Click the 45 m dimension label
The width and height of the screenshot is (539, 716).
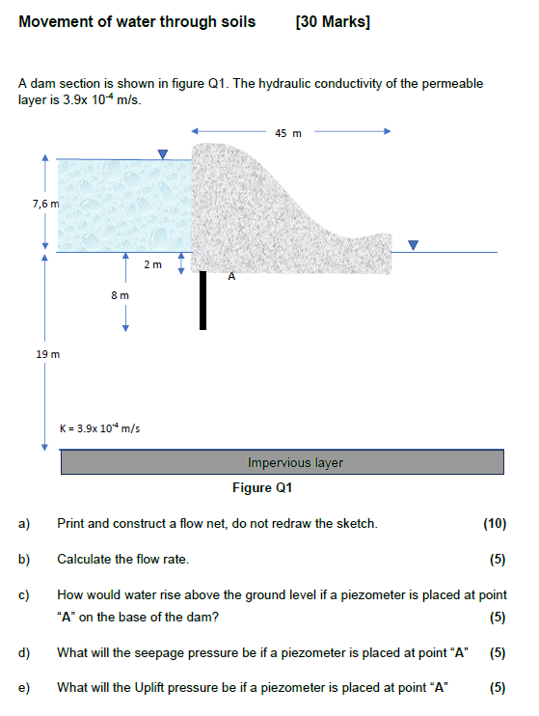coord(287,133)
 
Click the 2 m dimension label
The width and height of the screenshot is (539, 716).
coord(152,263)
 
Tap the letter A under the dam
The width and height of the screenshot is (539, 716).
coord(230,277)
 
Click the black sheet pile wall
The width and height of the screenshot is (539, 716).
coord(202,299)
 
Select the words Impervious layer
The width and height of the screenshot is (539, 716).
coord(295,463)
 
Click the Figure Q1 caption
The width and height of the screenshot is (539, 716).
coord(262,487)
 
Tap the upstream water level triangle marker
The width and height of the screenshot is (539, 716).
coord(163,153)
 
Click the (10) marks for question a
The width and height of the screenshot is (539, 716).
coord(494,524)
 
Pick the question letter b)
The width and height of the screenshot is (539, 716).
coord(24,559)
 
